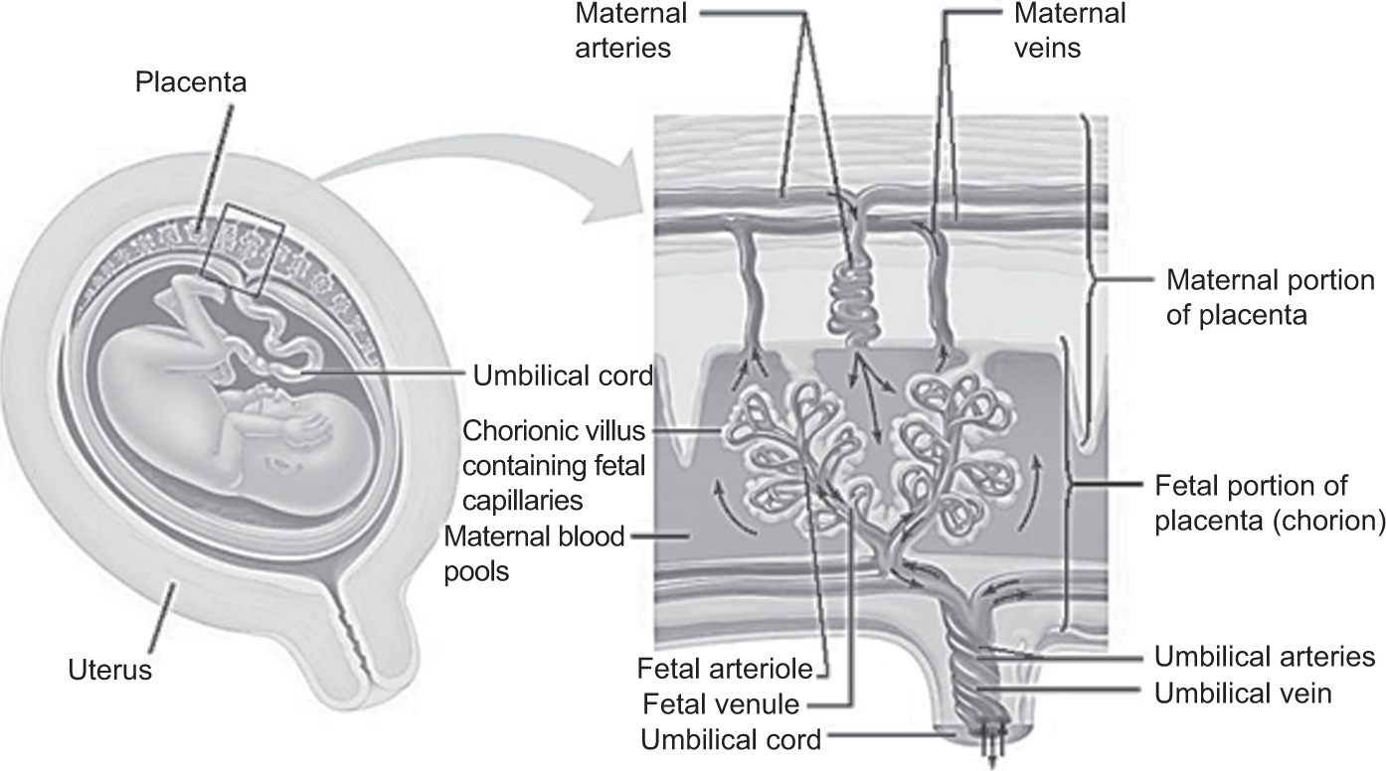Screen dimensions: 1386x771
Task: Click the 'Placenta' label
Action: (191, 82)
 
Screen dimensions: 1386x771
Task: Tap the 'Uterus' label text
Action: (110, 671)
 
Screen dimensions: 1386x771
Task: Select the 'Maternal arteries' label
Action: (631, 30)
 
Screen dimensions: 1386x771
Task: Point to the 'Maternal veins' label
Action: (1070, 30)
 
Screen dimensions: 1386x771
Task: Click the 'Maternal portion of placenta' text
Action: (1271, 297)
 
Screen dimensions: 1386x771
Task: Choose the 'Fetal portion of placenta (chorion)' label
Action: (1270, 503)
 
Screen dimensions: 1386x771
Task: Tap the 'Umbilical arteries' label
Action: (1265, 657)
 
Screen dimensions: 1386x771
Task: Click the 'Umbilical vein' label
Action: (1243, 694)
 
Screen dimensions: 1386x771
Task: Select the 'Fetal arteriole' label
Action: (725, 669)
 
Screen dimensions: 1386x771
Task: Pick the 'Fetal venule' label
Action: (721, 704)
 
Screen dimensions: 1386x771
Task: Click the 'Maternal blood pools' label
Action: (534, 554)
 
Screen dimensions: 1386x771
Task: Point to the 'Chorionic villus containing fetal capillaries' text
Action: (554, 466)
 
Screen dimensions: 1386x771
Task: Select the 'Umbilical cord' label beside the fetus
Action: (563, 376)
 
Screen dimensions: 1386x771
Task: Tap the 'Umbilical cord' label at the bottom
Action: (731, 739)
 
